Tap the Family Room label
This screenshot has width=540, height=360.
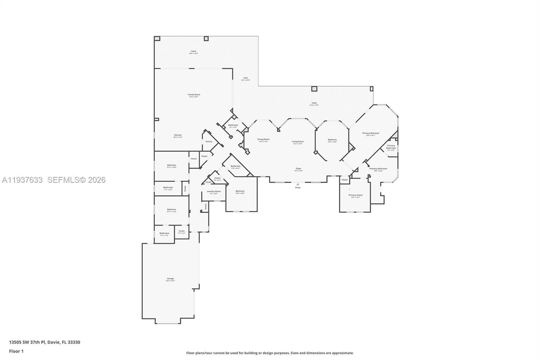point(194,95)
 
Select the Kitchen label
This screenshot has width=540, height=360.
point(178,135)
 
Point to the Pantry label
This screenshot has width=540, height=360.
point(209,142)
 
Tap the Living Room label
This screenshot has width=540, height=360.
point(298,142)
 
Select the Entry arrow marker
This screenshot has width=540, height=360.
point(297,184)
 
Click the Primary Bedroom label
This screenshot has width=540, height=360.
point(371,133)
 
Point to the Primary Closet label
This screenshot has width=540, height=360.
point(355,195)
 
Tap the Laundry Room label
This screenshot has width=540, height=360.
point(214,191)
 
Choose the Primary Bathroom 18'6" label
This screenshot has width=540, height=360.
point(378,169)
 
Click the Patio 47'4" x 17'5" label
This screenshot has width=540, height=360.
point(314,103)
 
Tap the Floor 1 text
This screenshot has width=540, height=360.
point(16,351)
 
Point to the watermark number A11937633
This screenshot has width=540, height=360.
point(22,180)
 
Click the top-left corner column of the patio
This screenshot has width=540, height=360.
point(157,38)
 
